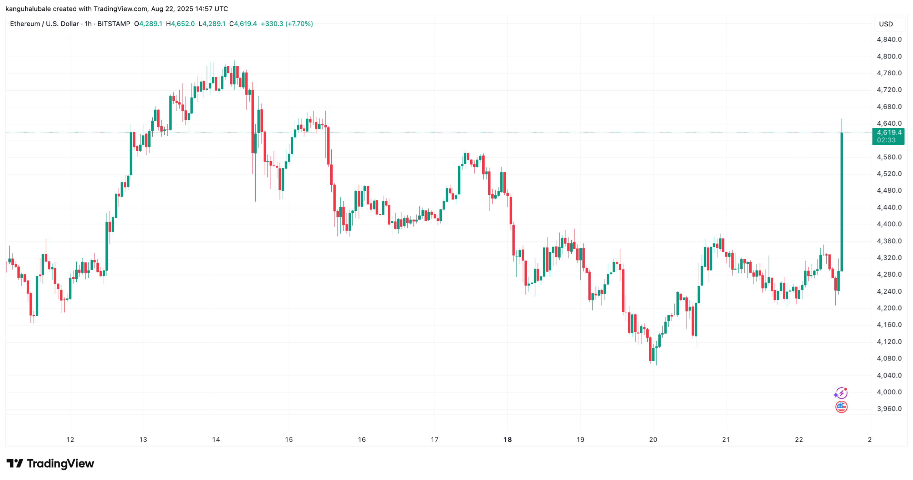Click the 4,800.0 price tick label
889,56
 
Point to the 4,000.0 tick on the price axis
889,392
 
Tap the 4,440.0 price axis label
889,207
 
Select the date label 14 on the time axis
216,439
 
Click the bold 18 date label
507,439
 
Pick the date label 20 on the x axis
653,439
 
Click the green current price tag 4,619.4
888,136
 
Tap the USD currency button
886,24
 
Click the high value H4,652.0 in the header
180,24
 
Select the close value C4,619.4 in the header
243,24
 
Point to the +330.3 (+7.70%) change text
287,24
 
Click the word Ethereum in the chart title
25,24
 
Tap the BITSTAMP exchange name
114,24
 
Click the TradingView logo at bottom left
50,463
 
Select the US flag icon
841,407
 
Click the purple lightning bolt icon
841,393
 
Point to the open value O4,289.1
148,24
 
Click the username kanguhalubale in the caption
28,9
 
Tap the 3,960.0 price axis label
889,409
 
